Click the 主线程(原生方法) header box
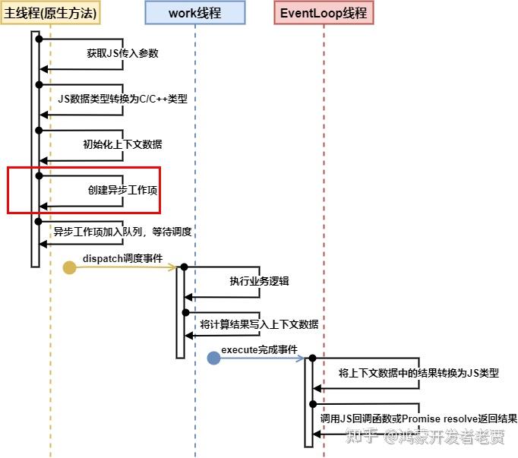(x=51, y=12)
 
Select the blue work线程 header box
(x=195, y=12)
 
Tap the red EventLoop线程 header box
(x=324, y=12)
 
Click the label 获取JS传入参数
(x=122, y=53)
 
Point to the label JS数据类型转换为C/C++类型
(x=122, y=99)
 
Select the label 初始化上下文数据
(x=122, y=144)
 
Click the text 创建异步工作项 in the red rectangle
(x=122, y=189)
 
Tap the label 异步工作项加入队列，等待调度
(x=122, y=232)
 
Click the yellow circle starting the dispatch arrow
(x=69, y=267)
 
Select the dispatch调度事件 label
(x=122, y=258)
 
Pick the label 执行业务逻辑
(x=259, y=281)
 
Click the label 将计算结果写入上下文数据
(x=259, y=324)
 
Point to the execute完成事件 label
(x=259, y=349)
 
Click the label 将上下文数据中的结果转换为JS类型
(x=419, y=373)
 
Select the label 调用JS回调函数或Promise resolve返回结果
(x=419, y=419)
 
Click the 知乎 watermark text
(x=361, y=437)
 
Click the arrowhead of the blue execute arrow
(x=301, y=359)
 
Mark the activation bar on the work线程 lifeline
(x=181, y=311)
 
